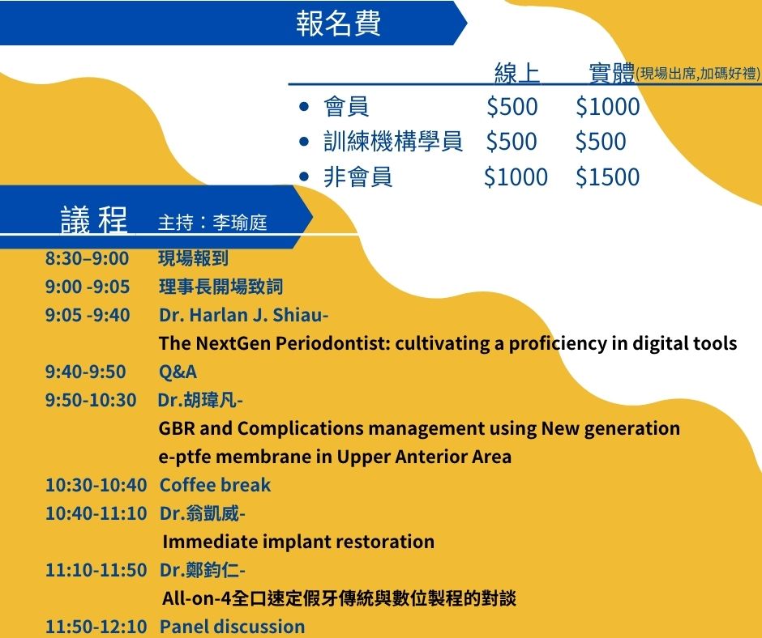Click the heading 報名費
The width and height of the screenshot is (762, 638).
[x=338, y=23]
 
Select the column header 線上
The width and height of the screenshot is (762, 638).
[x=517, y=73]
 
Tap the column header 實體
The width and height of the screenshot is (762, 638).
[x=612, y=73]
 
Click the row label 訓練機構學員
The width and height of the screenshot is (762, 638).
[x=392, y=142]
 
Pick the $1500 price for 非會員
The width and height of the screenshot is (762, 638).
[x=607, y=177]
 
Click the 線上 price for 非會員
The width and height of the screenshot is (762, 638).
[x=516, y=177]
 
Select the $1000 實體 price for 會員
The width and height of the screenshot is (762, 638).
[x=607, y=106]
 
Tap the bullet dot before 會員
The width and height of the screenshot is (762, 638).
[x=304, y=106]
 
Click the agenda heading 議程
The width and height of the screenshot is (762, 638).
[x=94, y=220]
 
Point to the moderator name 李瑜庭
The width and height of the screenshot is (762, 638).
[x=240, y=223]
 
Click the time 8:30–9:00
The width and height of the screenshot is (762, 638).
[x=87, y=258]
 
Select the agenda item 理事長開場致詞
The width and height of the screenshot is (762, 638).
[x=220, y=287]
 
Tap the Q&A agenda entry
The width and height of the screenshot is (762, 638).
[x=178, y=372]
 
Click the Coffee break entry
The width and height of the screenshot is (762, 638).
[x=216, y=485]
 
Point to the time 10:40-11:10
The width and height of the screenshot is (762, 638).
[x=96, y=513]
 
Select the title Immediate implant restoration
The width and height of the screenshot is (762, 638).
[x=298, y=542]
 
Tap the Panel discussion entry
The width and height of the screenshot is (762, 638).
[x=233, y=626]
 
